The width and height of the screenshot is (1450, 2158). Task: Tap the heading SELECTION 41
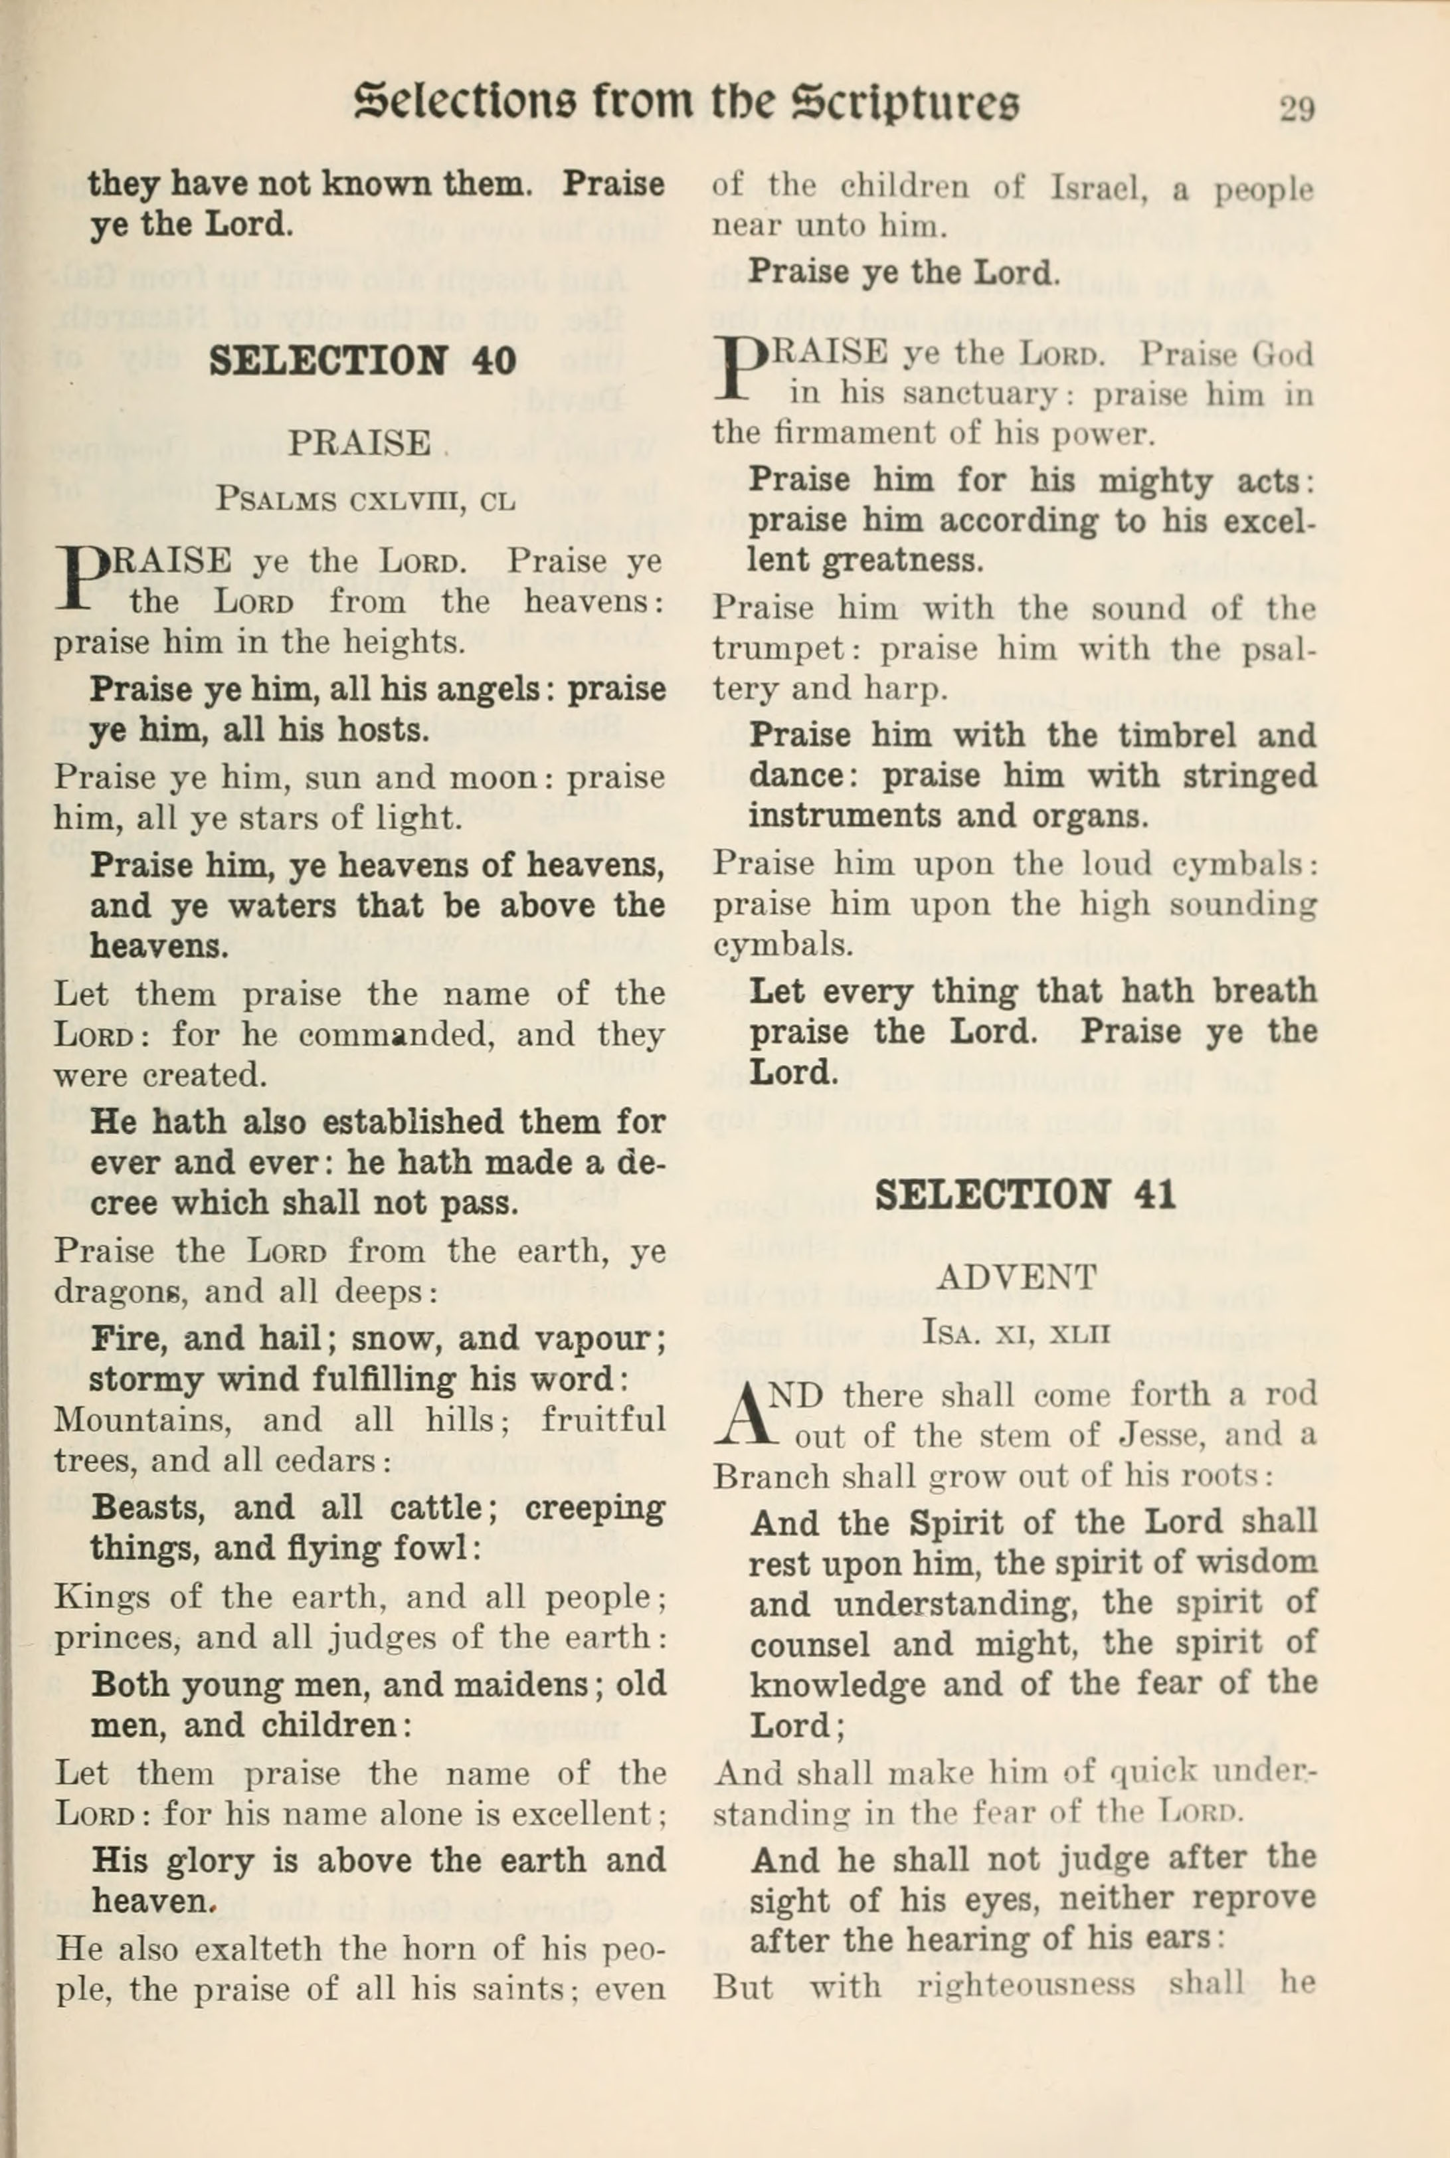point(1026,1195)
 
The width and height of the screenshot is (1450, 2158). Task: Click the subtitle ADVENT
point(1016,1278)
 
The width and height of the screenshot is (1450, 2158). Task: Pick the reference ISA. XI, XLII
point(1016,1332)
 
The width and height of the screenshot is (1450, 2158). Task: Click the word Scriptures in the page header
point(906,103)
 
